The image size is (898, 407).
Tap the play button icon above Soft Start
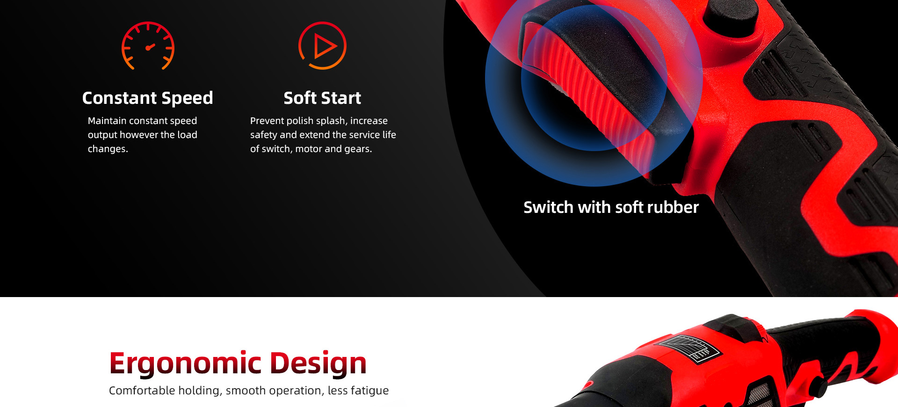tap(323, 45)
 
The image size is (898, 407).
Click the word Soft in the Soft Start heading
tap(300, 98)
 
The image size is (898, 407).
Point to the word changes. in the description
tap(108, 149)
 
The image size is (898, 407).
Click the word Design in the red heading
tap(319, 364)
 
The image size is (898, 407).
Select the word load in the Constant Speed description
tap(188, 135)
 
